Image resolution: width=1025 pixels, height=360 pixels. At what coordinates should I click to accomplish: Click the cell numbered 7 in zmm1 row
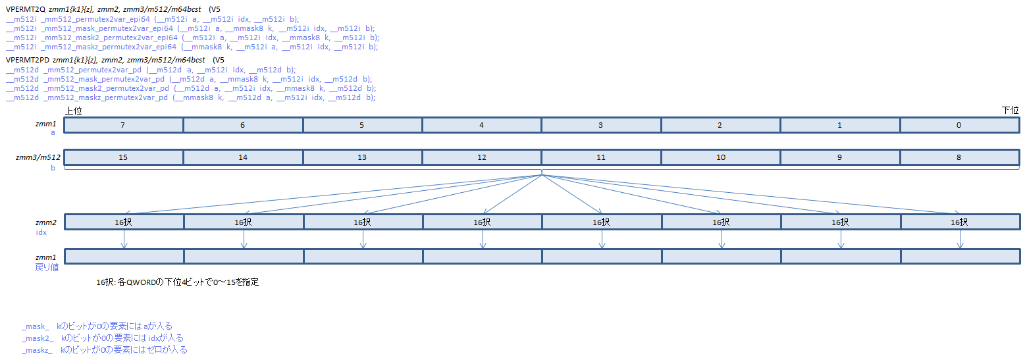click(124, 125)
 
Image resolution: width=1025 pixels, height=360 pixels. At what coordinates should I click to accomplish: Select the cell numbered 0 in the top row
click(960, 125)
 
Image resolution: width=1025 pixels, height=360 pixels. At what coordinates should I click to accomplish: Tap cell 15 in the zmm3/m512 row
click(124, 157)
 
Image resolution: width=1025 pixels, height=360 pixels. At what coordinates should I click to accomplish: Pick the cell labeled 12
click(481, 157)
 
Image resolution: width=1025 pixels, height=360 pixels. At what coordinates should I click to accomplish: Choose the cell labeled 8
click(960, 157)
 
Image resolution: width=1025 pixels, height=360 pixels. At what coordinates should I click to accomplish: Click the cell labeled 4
click(481, 125)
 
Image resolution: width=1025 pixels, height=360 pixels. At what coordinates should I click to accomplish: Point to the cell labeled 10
click(721, 157)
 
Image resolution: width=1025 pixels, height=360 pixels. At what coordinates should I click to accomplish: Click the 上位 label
click(74, 111)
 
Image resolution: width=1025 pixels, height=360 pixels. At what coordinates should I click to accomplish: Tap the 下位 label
click(1010, 111)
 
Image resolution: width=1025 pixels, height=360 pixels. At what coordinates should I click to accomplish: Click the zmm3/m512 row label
click(38, 157)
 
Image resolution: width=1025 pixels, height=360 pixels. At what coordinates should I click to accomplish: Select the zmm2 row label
click(46, 222)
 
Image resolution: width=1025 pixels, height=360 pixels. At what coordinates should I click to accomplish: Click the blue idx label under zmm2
click(41, 232)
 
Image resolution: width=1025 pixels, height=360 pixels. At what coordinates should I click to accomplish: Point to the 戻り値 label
click(47, 267)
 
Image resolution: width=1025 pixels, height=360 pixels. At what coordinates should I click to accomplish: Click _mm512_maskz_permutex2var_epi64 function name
click(109, 47)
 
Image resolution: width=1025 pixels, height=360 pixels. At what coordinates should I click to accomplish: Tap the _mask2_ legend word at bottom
click(38, 338)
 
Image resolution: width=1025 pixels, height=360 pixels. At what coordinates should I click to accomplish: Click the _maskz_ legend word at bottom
click(37, 350)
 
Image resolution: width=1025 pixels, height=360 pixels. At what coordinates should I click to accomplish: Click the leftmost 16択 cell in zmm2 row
click(124, 222)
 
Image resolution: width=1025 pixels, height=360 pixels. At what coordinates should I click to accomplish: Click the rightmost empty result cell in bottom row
click(960, 257)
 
